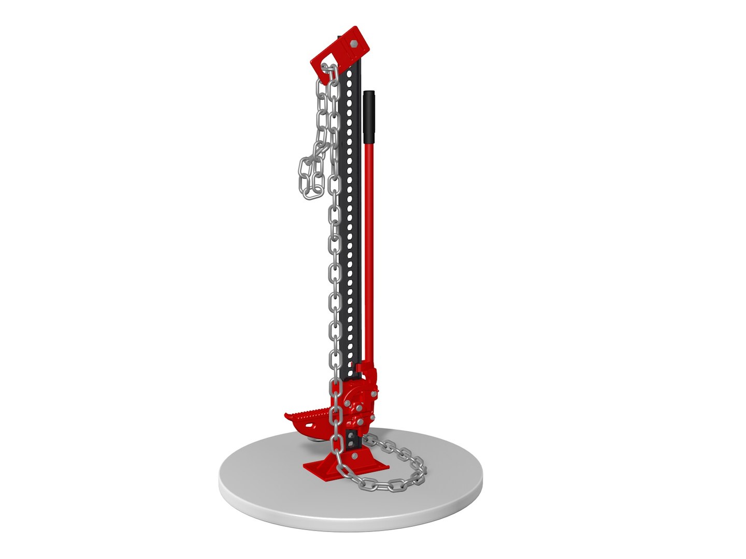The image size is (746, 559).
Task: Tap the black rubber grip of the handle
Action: coord(369,116)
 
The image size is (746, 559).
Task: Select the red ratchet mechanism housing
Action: coord(357,399)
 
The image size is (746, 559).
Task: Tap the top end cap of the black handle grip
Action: coord(369,93)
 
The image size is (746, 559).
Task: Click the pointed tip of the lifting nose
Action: coord(286,415)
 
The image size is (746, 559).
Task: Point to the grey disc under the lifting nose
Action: coord(315,439)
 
